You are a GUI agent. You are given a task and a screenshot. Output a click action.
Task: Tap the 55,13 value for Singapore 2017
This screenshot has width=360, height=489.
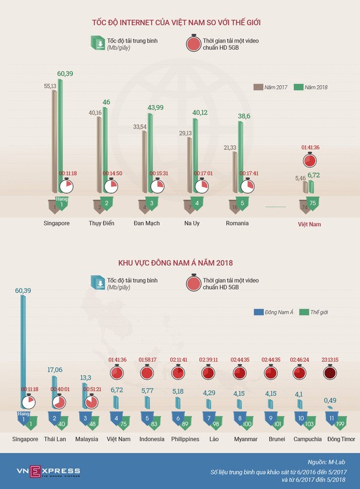pyautogui.click(x=50, y=86)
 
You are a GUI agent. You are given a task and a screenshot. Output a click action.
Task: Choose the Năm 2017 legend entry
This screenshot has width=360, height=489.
pyautogui.click(x=274, y=88)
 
